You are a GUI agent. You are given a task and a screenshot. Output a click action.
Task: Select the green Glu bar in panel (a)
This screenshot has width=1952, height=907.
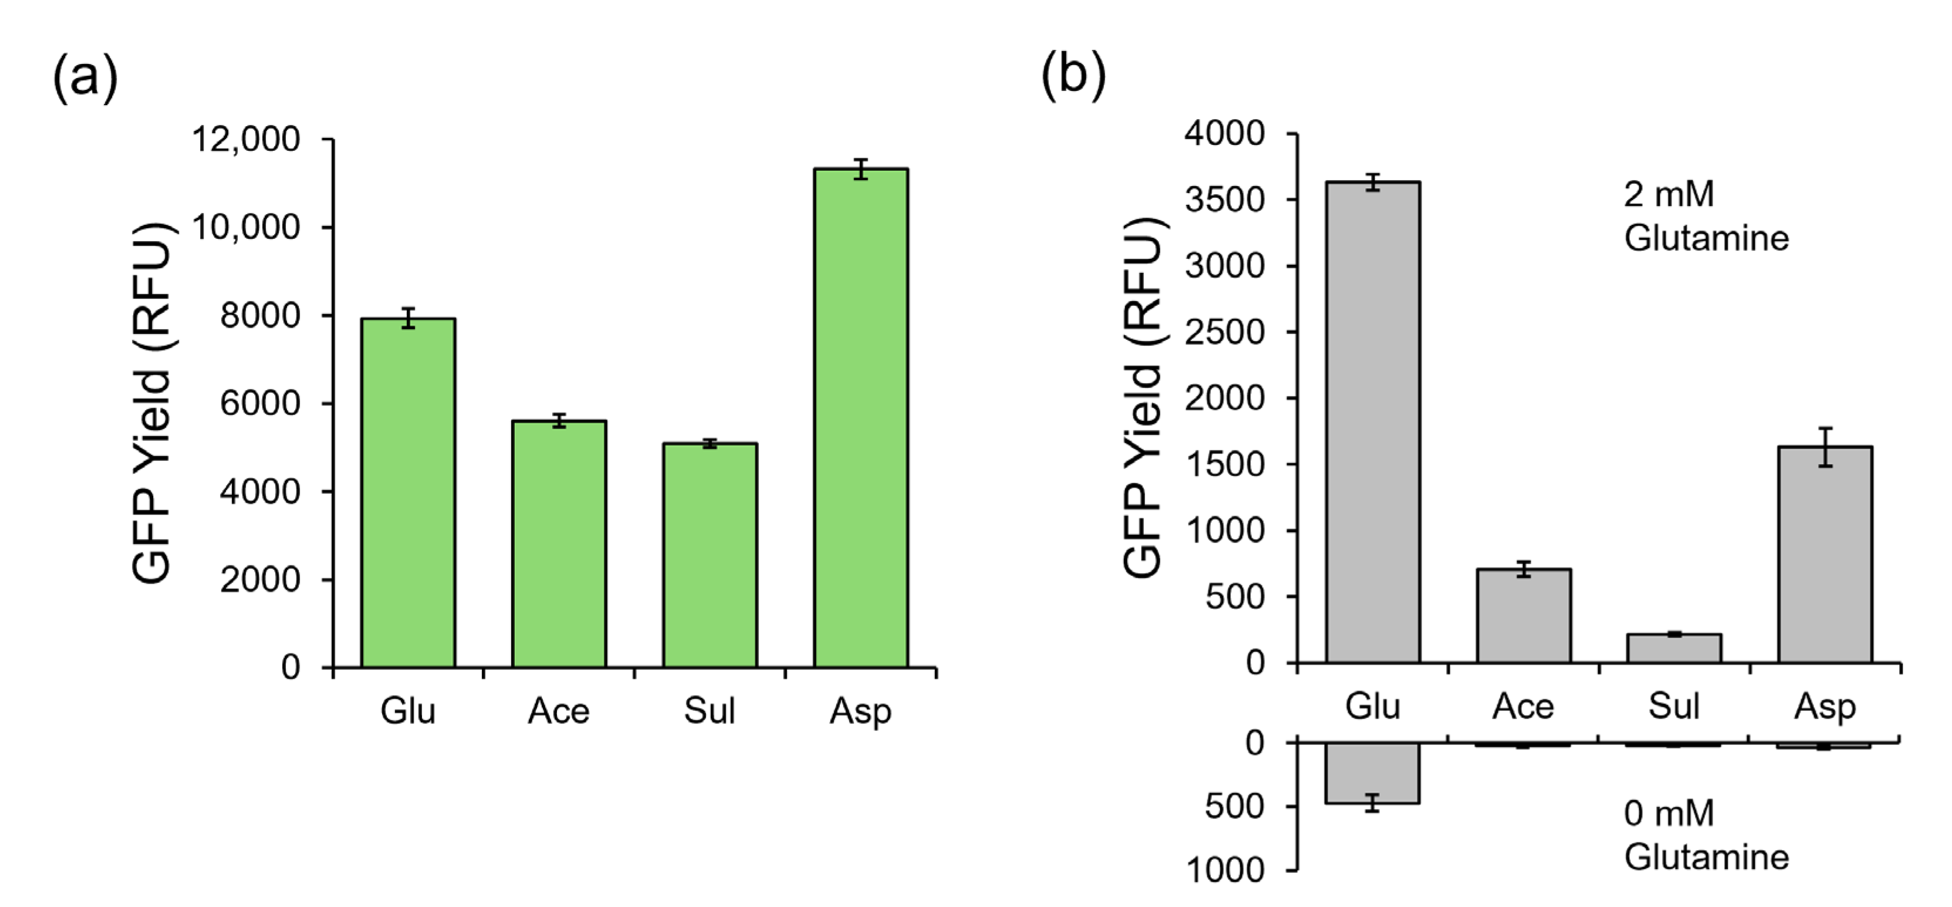(408, 493)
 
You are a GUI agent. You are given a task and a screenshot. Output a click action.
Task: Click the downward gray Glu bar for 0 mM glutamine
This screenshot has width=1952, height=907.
(1372, 773)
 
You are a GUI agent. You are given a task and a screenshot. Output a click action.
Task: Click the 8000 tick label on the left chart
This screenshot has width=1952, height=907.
(259, 316)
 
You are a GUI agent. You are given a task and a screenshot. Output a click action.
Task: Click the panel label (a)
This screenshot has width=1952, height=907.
(85, 77)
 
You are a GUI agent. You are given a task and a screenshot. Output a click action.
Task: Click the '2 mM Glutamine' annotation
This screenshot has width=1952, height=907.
(1705, 216)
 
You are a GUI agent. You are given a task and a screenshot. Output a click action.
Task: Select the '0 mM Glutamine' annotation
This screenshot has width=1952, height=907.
(1705, 835)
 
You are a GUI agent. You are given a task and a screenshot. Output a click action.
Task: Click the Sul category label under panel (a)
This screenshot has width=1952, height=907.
(710, 711)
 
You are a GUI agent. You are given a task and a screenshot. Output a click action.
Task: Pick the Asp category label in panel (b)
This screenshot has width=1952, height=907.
(1824, 706)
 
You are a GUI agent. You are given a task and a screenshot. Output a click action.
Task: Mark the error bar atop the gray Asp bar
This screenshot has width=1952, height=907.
(1825, 447)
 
